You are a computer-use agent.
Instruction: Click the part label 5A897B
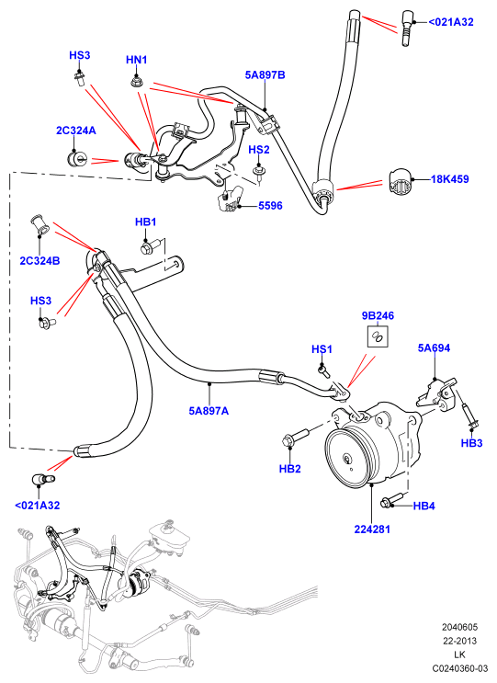[265, 75]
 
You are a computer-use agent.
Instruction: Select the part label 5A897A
[209, 411]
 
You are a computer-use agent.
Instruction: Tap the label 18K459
[449, 179]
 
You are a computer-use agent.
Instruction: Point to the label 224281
[372, 529]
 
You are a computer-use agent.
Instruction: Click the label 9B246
[378, 315]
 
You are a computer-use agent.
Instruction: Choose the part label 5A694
[434, 347]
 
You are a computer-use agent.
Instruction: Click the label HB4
[424, 506]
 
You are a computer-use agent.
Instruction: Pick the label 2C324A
[75, 131]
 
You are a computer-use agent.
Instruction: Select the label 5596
[270, 206]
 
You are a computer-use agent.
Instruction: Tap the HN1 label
[136, 60]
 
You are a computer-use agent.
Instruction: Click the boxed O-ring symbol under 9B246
[378, 336]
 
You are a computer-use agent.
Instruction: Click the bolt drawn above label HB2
[296, 438]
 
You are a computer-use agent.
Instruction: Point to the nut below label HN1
[137, 80]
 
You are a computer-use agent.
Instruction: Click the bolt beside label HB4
[393, 500]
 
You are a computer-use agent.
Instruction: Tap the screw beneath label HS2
[259, 171]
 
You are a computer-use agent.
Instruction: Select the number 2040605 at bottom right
[459, 627]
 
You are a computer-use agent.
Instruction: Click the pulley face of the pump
[348, 459]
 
